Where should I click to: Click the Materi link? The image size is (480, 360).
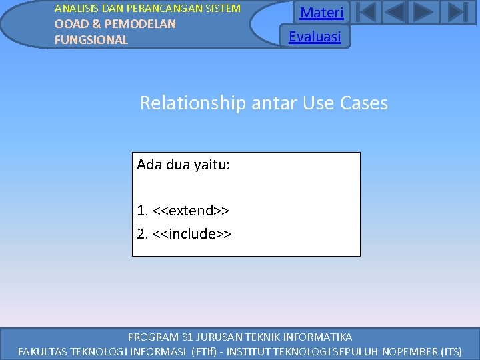tap(322, 13)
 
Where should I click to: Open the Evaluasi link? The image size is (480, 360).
tap(315, 37)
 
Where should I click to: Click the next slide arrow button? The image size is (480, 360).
tap(424, 13)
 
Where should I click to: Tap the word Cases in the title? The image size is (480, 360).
tap(363, 103)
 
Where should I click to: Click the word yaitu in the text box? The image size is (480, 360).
tap(212, 164)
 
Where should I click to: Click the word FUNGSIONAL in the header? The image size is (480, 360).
tap(91, 40)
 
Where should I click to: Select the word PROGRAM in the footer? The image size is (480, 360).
tap(153, 337)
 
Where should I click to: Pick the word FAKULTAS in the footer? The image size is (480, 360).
tap(42, 351)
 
